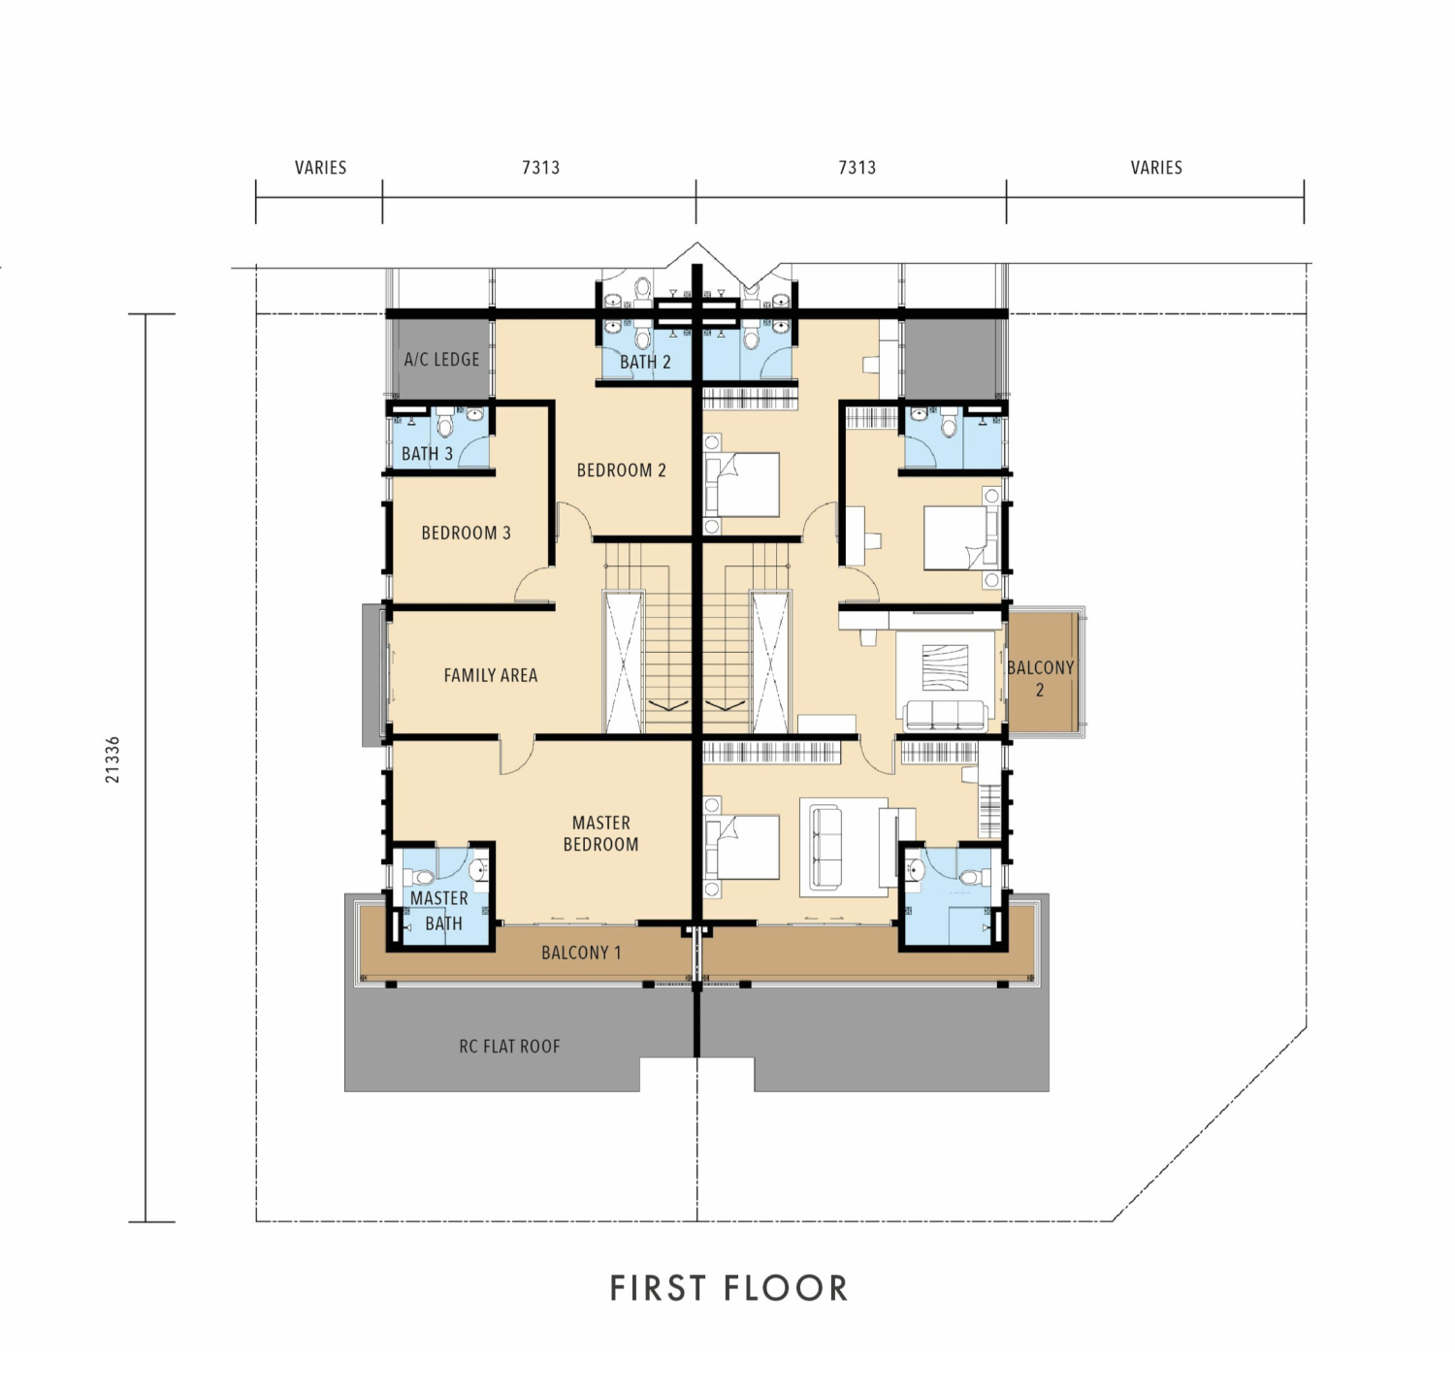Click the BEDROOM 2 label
pos(621,470)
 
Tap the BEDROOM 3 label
pos(466,534)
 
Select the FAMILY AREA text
pos(490,675)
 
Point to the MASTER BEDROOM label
pos(600,834)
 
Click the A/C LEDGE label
pos(441,360)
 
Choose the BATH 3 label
pos(427,454)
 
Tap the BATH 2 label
pos(645,362)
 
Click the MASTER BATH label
pos(439,911)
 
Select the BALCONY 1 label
pos(581,953)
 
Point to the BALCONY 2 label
pos(1040,679)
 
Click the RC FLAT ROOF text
pos(509,1047)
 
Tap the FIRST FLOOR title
pos(729,1288)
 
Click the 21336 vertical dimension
pos(113,760)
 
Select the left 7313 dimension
pos(540,168)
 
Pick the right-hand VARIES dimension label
pos(1156,168)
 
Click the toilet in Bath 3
pos(445,424)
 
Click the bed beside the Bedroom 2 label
pos(743,484)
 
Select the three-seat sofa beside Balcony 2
pos(946,715)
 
